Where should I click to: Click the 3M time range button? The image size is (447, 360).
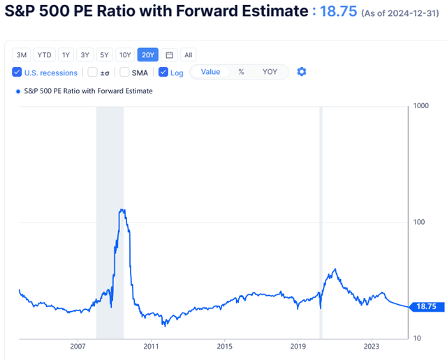coord(22,54)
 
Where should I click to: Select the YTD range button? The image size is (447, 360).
coord(43,54)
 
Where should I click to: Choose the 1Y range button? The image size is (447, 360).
coord(66,54)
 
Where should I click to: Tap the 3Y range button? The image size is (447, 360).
coord(85,54)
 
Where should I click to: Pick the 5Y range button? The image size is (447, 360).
coord(104,54)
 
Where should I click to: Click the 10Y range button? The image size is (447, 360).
coord(125,54)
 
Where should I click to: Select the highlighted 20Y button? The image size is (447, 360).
coord(147,54)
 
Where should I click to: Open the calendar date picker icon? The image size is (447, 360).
coord(169,54)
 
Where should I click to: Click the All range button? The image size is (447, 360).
coord(188,54)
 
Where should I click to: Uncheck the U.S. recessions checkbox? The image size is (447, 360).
coord(17,73)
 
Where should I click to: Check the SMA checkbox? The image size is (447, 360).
coord(124,73)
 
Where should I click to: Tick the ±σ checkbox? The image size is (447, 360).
coord(92,73)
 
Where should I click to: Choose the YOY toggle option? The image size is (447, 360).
coord(270,72)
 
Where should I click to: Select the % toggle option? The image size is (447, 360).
coord(241,72)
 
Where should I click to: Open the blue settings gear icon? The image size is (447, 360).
coord(302,72)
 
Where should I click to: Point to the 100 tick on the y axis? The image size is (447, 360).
coord(420,222)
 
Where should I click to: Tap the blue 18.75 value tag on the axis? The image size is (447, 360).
coord(425,306)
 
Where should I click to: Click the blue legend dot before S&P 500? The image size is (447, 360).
coord(17,91)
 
